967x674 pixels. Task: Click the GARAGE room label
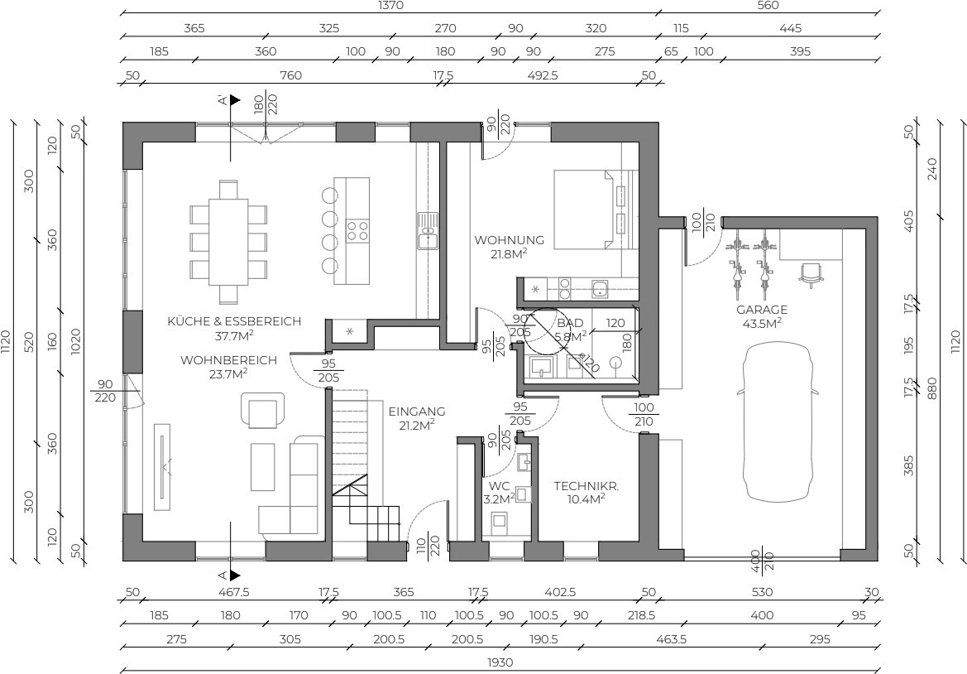tap(762, 310)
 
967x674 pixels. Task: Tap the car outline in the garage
tap(778, 423)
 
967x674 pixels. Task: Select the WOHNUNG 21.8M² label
tap(509, 246)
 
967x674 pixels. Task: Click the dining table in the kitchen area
tap(228, 241)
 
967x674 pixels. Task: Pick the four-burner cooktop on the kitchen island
tap(357, 230)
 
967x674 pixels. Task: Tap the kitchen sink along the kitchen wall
tap(427, 231)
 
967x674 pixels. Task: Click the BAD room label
tap(570, 324)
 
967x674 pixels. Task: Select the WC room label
tap(498, 486)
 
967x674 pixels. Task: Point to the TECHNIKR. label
tap(586, 486)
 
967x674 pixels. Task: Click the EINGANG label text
tap(417, 412)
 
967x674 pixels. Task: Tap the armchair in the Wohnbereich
tap(263, 409)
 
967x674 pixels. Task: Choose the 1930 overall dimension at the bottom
tap(500, 662)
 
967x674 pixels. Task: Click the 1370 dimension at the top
tap(390, 6)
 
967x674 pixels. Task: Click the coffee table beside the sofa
tap(263, 467)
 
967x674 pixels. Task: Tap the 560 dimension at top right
tap(767, 6)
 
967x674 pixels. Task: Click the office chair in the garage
tap(811, 274)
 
